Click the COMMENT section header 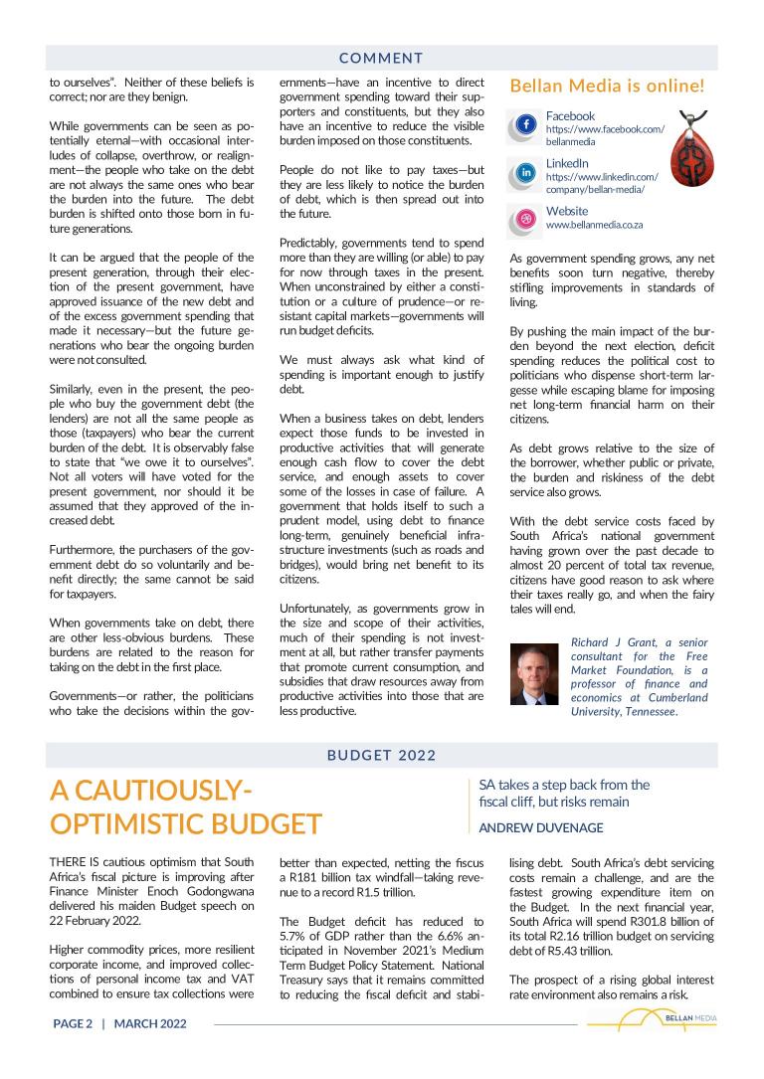(381, 59)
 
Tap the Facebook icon (527, 125)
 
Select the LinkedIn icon (527, 173)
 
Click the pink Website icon (527, 220)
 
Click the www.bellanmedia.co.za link (594, 226)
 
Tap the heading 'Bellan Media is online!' (606, 86)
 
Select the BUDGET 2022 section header (381, 755)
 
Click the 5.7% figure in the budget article (295, 936)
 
